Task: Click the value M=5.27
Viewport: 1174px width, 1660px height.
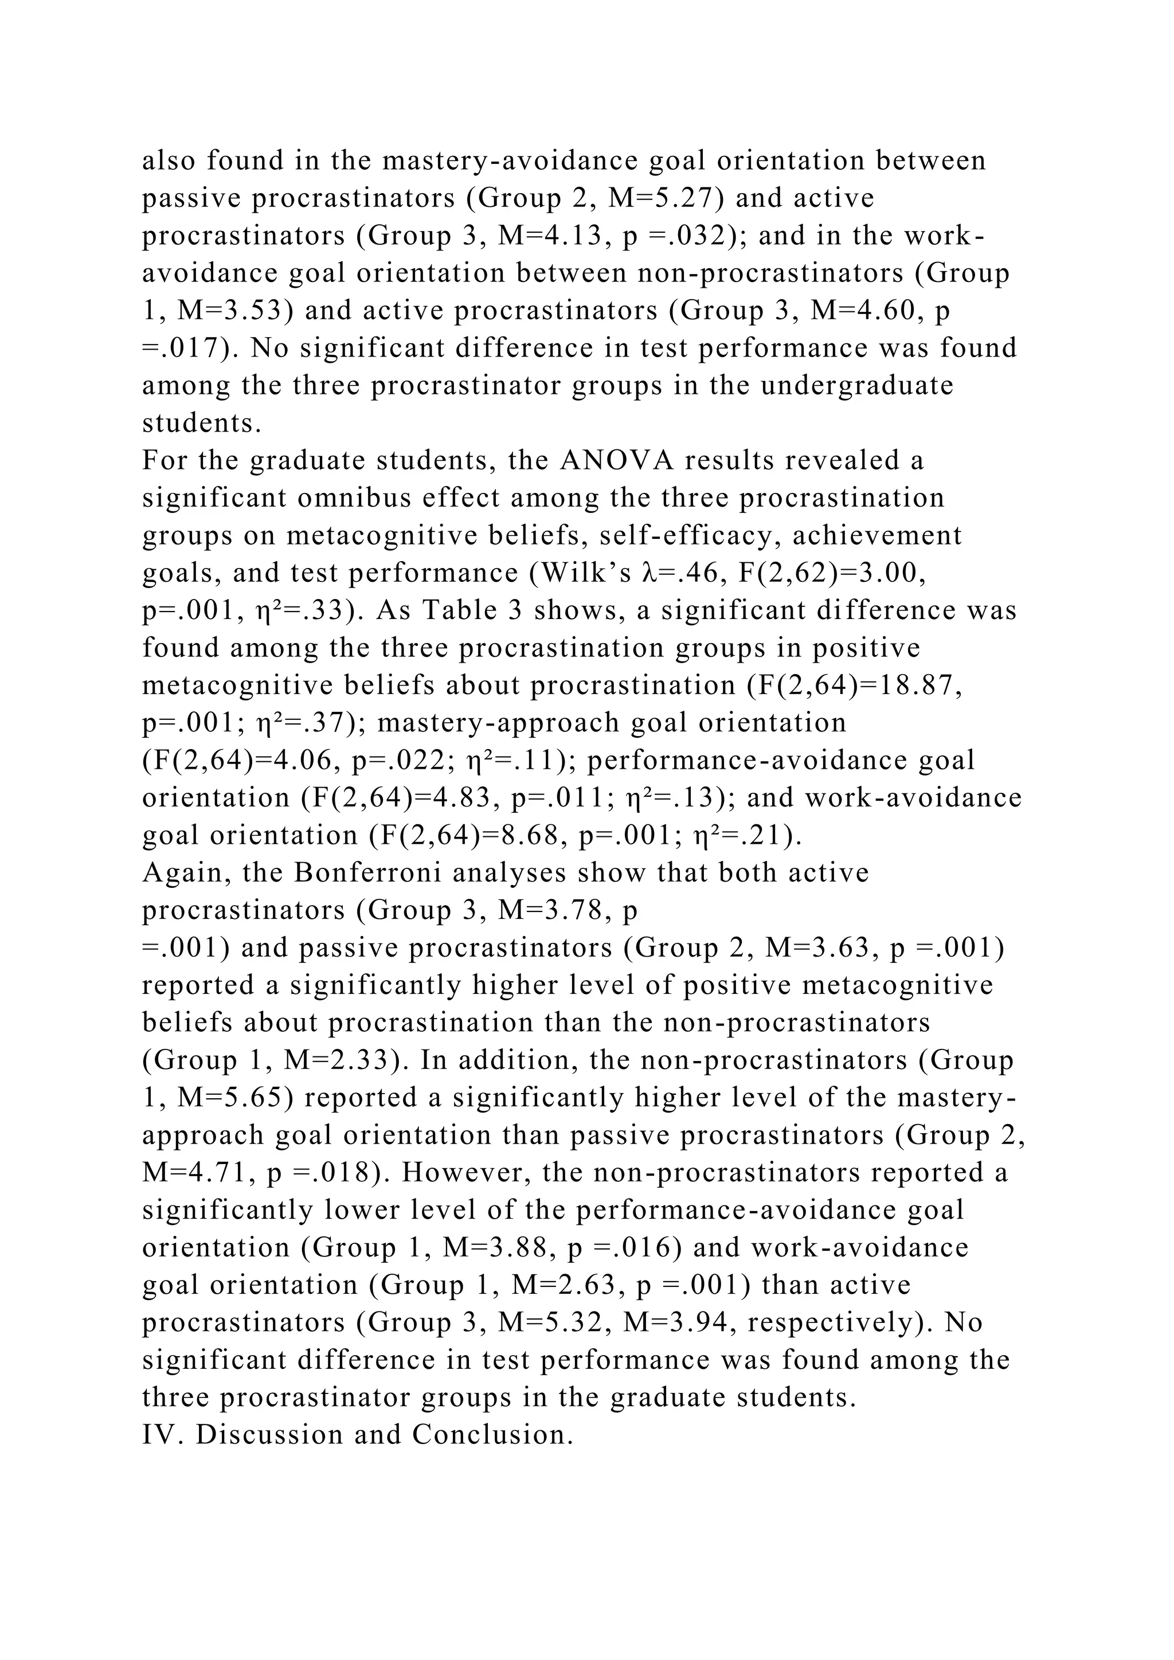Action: coord(665,198)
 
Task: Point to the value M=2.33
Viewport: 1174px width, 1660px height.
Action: coord(340,1060)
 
